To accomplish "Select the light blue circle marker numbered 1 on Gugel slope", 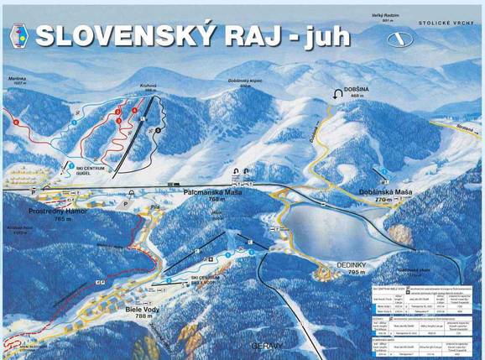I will click(x=74, y=123).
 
